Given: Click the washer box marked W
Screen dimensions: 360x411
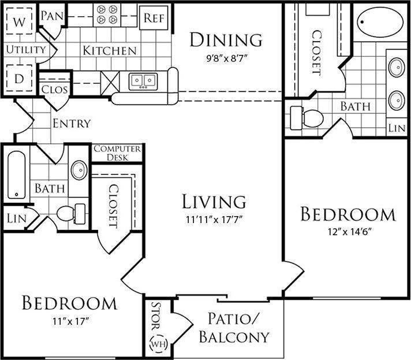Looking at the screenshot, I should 20,24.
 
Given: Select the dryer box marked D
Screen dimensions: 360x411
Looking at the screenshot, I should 20,78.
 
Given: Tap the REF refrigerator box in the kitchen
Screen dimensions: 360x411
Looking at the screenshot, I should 154,18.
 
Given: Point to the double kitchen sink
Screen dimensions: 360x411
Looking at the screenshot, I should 143,80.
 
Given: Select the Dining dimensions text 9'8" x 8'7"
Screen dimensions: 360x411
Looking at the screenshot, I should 226,58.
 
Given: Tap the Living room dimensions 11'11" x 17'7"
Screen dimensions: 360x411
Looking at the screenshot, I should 214,220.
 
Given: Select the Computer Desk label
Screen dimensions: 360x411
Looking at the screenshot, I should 117,153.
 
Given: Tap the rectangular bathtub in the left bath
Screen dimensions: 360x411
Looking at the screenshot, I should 17,175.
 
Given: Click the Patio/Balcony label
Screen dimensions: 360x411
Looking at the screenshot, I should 234,327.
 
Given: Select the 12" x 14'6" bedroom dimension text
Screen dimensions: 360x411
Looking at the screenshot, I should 348,232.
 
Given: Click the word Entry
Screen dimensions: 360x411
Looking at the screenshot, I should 72,123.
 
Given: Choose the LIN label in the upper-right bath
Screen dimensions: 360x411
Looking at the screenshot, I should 396,127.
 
